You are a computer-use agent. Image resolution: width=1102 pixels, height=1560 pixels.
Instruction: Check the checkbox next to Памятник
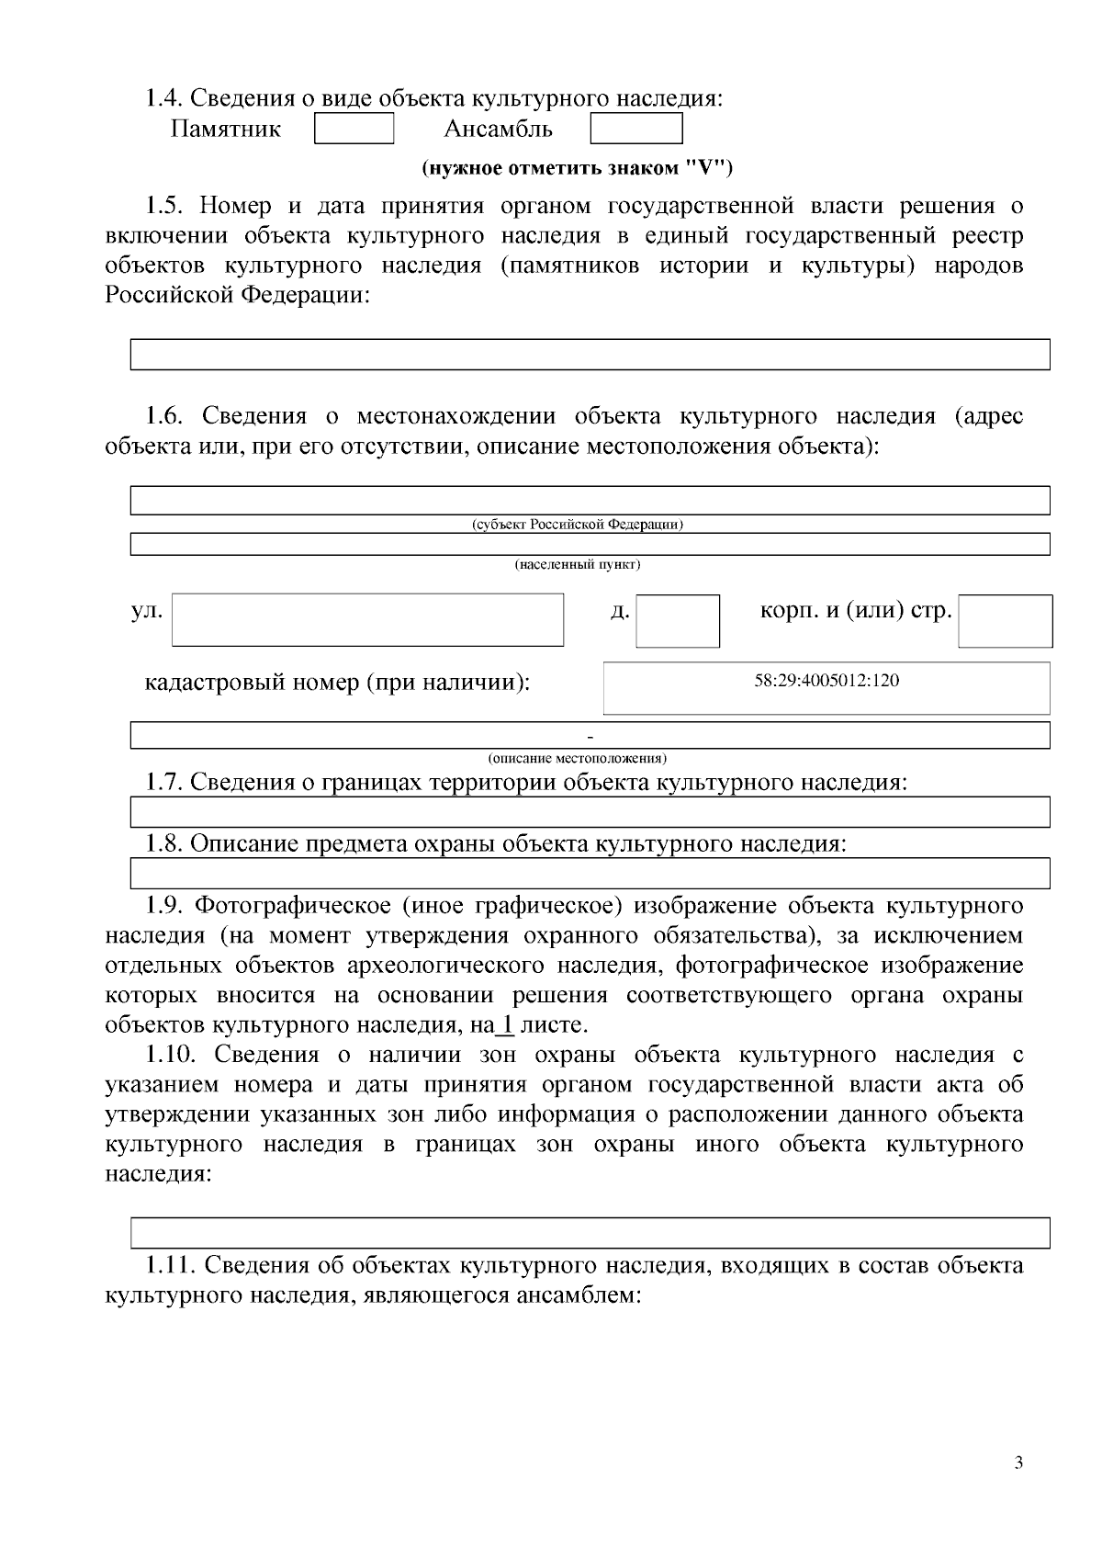click(354, 129)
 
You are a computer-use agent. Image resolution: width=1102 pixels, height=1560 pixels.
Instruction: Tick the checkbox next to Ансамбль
click(635, 129)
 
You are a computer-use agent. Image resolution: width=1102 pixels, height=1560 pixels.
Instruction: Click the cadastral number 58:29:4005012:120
click(826, 681)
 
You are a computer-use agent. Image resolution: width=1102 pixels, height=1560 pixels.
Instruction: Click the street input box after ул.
click(367, 619)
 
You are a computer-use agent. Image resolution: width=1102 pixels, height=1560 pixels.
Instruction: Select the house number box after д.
click(678, 620)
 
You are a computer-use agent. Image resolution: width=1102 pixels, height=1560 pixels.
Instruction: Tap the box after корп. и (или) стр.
click(1005, 620)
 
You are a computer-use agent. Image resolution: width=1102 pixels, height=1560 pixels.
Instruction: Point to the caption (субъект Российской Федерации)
click(577, 525)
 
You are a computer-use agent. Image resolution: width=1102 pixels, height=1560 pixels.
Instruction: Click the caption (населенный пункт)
click(577, 564)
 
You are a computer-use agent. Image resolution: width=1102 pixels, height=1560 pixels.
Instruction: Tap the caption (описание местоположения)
click(577, 758)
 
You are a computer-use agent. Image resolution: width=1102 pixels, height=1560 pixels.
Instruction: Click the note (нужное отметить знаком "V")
click(577, 168)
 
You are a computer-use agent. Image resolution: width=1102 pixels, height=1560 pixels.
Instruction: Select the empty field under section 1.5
click(590, 354)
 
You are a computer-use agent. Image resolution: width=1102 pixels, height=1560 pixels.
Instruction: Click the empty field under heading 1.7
click(590, 812)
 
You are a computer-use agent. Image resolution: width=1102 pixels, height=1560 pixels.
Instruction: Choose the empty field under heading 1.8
click(590, 873)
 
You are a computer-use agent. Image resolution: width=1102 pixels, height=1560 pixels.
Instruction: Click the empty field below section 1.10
click(590, 1232)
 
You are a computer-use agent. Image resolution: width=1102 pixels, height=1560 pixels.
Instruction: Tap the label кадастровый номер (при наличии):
click(337, 684)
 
